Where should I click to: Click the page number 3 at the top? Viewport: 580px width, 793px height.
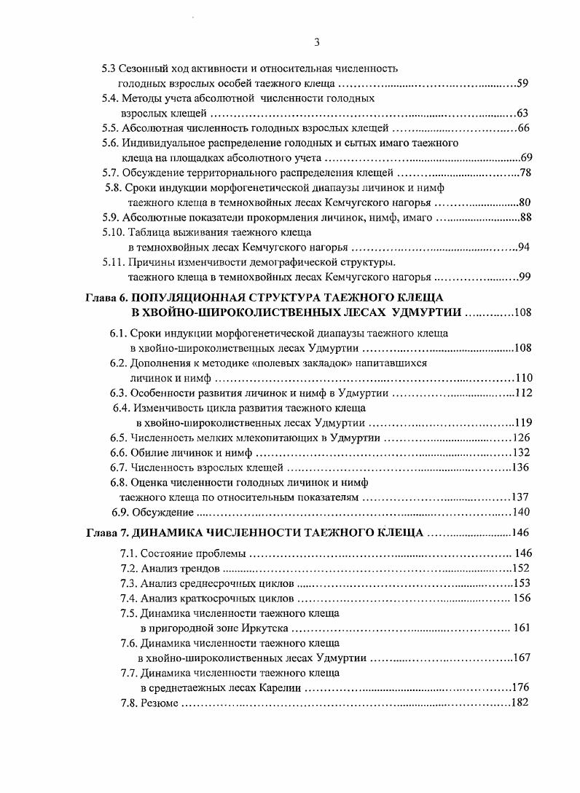tap(317, 42)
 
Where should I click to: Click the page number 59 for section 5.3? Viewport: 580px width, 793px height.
tap(522, 84)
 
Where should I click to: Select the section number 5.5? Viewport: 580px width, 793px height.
tap(111, 128)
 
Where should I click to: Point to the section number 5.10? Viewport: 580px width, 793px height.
tap(113, 232)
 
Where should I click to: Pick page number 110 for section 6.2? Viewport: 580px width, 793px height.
tap(524, 378)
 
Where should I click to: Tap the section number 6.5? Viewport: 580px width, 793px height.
tap(119, 438)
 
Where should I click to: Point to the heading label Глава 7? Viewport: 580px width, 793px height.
tap(106, 532)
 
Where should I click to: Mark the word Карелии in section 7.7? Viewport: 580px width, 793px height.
tap(279, 687)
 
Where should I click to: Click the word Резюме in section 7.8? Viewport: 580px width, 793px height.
tap(159, 703)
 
